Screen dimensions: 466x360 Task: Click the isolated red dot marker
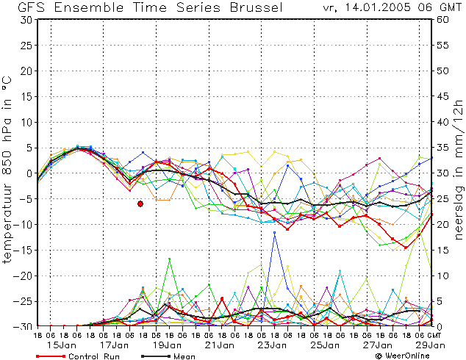pos(140,204)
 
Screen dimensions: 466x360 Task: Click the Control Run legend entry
pos(78,356)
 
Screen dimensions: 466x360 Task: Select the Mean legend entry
pos(168,356)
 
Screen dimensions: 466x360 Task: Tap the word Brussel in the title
pos(257,7)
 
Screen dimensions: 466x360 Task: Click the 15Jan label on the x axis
pos(62,345)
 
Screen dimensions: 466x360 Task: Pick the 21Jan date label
pos(220,345)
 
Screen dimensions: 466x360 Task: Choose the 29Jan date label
pos(431,345)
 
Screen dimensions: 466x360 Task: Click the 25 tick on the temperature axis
pos(26,45)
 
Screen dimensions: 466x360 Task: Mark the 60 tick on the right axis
pos(442,20)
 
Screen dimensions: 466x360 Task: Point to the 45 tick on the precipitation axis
pos(442,96)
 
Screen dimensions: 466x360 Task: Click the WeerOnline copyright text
pos(402,356)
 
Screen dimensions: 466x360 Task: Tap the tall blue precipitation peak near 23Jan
pos(275,233)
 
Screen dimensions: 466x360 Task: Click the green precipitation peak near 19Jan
pos(169,259)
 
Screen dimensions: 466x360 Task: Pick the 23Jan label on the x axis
pos(273,345)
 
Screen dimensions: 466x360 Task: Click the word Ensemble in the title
pos(88,7)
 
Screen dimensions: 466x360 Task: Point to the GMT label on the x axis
pos(434,335)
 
